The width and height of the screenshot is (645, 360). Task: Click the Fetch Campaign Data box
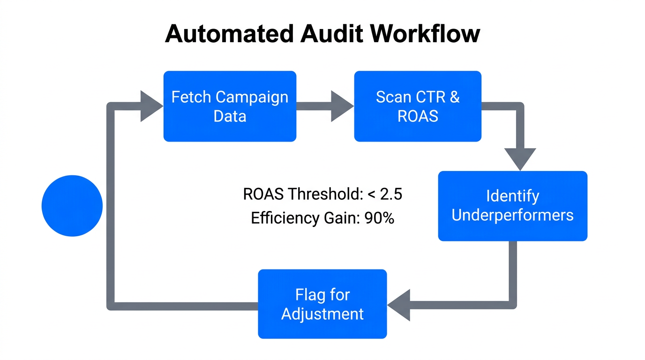[230, 106]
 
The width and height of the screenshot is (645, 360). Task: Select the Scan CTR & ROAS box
[418, 106]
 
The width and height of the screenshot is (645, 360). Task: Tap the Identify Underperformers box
[512, 206]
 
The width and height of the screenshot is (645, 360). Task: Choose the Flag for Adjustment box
[322, 304]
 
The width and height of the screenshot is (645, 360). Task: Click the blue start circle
[72, 206]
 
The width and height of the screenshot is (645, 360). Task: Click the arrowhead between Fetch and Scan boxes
[342, 106]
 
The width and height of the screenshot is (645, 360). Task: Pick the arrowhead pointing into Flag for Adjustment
[399, 305]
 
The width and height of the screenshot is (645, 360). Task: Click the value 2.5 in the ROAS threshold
[391, 194]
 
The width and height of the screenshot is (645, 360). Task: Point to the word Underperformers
[512, 215]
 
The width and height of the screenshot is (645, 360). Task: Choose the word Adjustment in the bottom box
[322, 314]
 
